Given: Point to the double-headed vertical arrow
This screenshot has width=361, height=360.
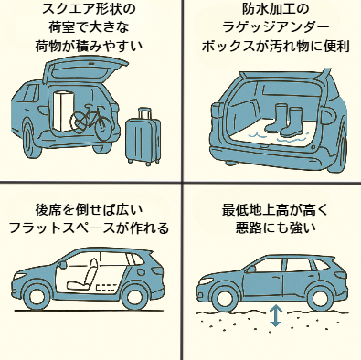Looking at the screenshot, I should pyautogui.click(x=275, y=316).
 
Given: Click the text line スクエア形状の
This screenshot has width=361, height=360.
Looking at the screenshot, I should pyautogui.click(x=89, y=11).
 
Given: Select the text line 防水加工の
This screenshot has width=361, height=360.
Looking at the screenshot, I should pyautogui.click(x=271, y=11).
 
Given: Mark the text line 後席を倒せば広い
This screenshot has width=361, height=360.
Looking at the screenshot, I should pyautogui.click(x=89, y=210).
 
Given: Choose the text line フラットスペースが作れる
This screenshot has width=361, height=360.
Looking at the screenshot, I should pyautogui.click(x=89, y=229).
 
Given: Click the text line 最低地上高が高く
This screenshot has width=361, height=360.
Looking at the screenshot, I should pyautogui.click(x=271, y=210).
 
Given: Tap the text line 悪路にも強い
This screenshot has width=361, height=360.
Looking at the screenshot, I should pyautogui.click(x=271, y=229).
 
